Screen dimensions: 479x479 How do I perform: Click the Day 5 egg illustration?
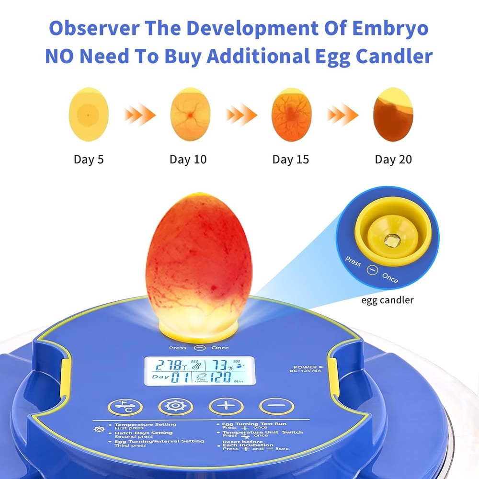coord(89,114)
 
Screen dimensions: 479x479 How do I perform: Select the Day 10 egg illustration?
coord(190,114)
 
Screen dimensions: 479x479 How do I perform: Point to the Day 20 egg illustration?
coord(393,114)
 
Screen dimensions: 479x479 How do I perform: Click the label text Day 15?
coord(290,160)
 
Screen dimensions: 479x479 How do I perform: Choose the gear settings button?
coord(176,406)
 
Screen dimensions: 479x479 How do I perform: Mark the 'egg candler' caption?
coord(388,300)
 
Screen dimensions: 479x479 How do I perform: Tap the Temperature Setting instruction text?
coord(145,424)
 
